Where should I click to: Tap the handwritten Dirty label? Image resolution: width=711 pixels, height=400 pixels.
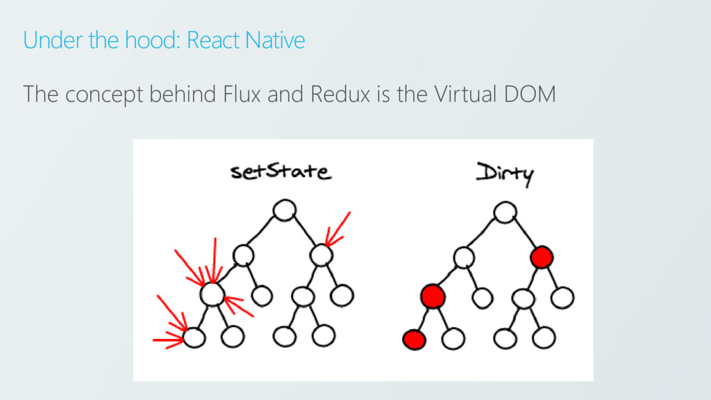pos(505,172)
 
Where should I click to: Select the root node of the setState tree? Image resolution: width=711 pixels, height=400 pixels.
pos(285,209)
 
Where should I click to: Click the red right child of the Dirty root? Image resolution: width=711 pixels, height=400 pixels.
pos(542,258)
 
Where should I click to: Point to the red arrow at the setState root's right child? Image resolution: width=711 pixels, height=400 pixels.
pos(338,229)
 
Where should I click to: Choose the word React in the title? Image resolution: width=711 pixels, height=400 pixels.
pos(214,40)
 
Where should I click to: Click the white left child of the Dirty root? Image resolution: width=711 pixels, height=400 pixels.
pos(463,258)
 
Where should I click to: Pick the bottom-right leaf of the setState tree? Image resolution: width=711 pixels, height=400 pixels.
pos(324,337)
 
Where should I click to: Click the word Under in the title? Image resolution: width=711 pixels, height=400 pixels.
pos(44,40)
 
